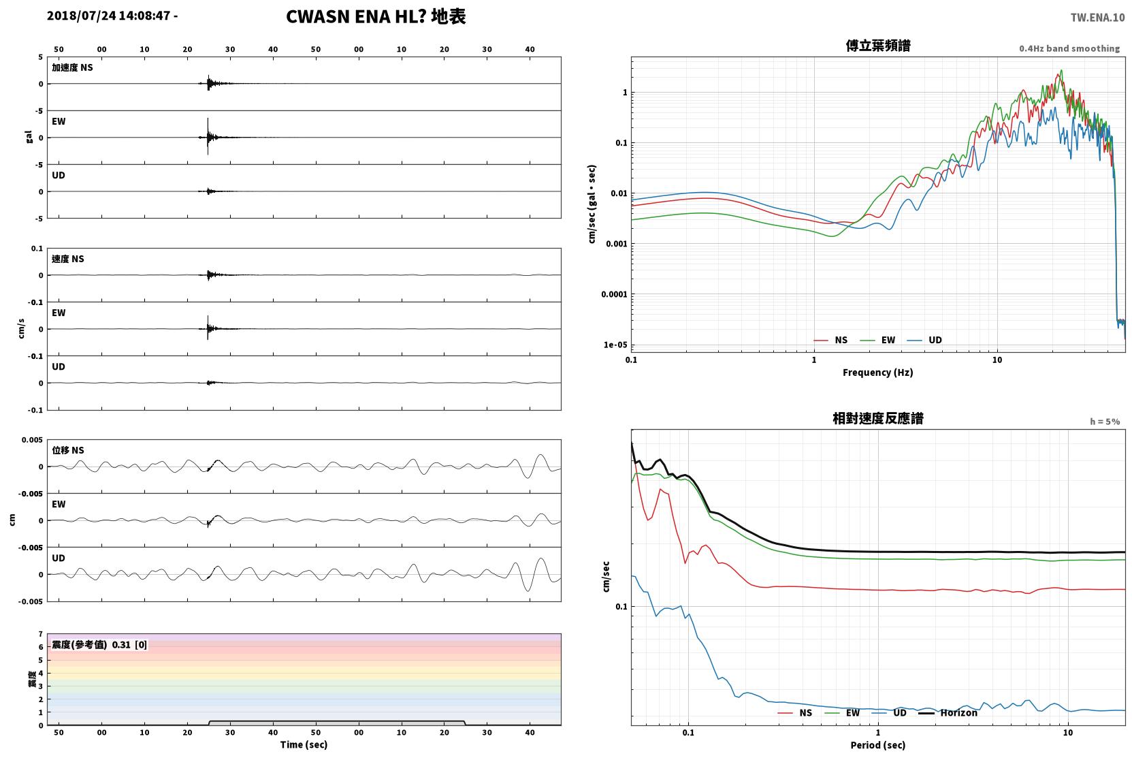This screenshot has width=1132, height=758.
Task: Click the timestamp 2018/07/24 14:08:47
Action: tap(109, 16)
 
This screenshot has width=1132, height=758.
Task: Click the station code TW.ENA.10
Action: tap(1098, 18)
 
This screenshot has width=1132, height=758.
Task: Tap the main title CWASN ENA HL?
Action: tap(356, 17)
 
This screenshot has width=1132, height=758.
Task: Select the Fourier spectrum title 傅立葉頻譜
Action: tap(878, 46)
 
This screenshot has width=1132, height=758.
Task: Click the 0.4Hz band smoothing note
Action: tap(1069, 48)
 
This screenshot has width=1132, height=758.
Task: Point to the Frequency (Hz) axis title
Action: tap(878, 373)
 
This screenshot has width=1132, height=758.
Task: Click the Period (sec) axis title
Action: tap(878, 745)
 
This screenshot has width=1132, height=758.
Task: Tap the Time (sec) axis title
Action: tap(304, 744)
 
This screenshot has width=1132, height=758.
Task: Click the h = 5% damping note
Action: tap(1105, 422)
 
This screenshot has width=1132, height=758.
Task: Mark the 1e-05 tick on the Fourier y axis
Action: tap(615, 345)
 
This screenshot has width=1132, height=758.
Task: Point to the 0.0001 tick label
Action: tap(614, 294)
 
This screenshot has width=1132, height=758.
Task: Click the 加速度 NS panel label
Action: tap(72, 67)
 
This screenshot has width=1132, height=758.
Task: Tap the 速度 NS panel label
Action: tap(67, 259)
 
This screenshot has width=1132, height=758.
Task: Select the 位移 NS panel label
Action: tap(67, 450)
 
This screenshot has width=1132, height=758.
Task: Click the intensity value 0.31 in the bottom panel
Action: tap(121, 645)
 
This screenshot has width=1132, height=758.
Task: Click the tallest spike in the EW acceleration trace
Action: tap(208, 119)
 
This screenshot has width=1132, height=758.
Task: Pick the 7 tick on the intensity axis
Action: tap(41, 634)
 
